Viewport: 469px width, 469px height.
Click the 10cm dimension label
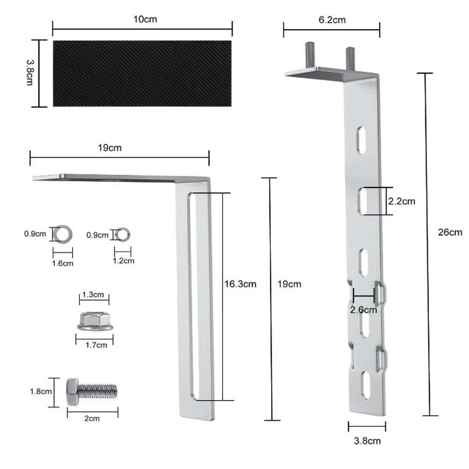145,19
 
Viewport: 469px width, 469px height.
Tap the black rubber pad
142,74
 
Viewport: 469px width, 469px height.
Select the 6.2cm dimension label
332,20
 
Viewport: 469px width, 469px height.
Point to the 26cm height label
450,232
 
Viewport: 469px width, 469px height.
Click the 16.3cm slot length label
240,284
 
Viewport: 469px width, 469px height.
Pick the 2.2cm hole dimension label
402,201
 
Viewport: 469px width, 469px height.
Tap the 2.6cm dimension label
364,310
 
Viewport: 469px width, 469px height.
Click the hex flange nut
95,321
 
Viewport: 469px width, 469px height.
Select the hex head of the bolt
72,392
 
